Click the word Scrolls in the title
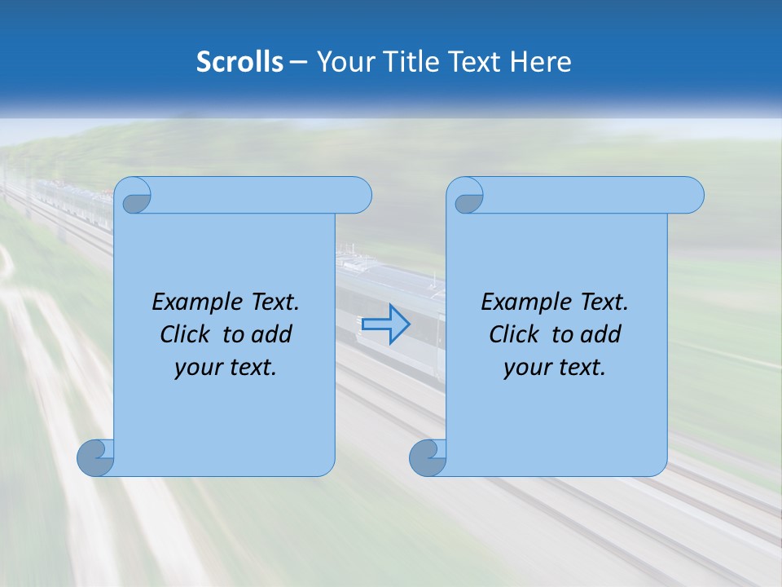240,62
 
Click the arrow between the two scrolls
386,324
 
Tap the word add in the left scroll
273,334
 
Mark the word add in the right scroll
602,334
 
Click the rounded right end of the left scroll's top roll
358,195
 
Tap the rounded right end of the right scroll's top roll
691,195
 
